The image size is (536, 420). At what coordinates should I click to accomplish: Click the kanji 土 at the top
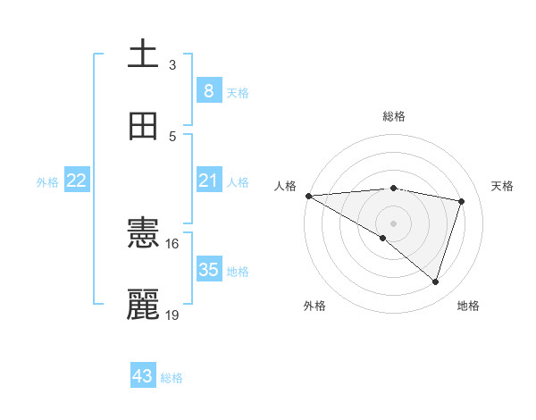point(143,54)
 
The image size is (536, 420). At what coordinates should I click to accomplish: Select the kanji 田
point(143,126)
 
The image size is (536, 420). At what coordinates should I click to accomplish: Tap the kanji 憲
point(143,233)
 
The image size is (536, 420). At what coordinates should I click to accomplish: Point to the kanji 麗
point(143,305)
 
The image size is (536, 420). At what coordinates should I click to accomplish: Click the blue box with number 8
point(208,90)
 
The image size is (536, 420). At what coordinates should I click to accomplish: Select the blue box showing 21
point(208,181)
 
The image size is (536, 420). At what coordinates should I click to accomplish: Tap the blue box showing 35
point(208,269)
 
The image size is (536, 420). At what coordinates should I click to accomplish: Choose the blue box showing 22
point(77,181)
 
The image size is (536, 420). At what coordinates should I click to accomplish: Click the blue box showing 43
point(143,376)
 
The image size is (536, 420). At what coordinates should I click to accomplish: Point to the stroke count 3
point(172,65)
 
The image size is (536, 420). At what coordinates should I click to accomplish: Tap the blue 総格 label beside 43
point(172,378)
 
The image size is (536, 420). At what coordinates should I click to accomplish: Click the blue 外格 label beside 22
point(47,182)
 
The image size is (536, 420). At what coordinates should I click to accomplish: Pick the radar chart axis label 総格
point(393,116)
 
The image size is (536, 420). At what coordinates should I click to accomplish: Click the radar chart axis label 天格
point(502,186)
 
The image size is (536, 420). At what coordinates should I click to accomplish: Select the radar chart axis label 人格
point(285,186)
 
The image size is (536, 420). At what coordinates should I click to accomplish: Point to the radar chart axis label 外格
point(314,306)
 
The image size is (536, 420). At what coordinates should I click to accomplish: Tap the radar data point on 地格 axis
point(436,282)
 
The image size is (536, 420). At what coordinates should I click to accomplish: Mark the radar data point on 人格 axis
point(308,196)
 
